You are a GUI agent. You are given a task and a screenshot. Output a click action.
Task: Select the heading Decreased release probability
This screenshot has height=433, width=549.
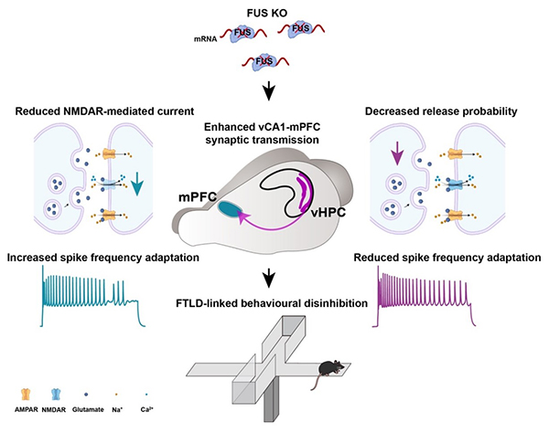click(x=440, y=113)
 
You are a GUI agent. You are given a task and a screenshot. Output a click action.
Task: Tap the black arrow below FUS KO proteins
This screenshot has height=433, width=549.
click(x=269, y=91)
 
